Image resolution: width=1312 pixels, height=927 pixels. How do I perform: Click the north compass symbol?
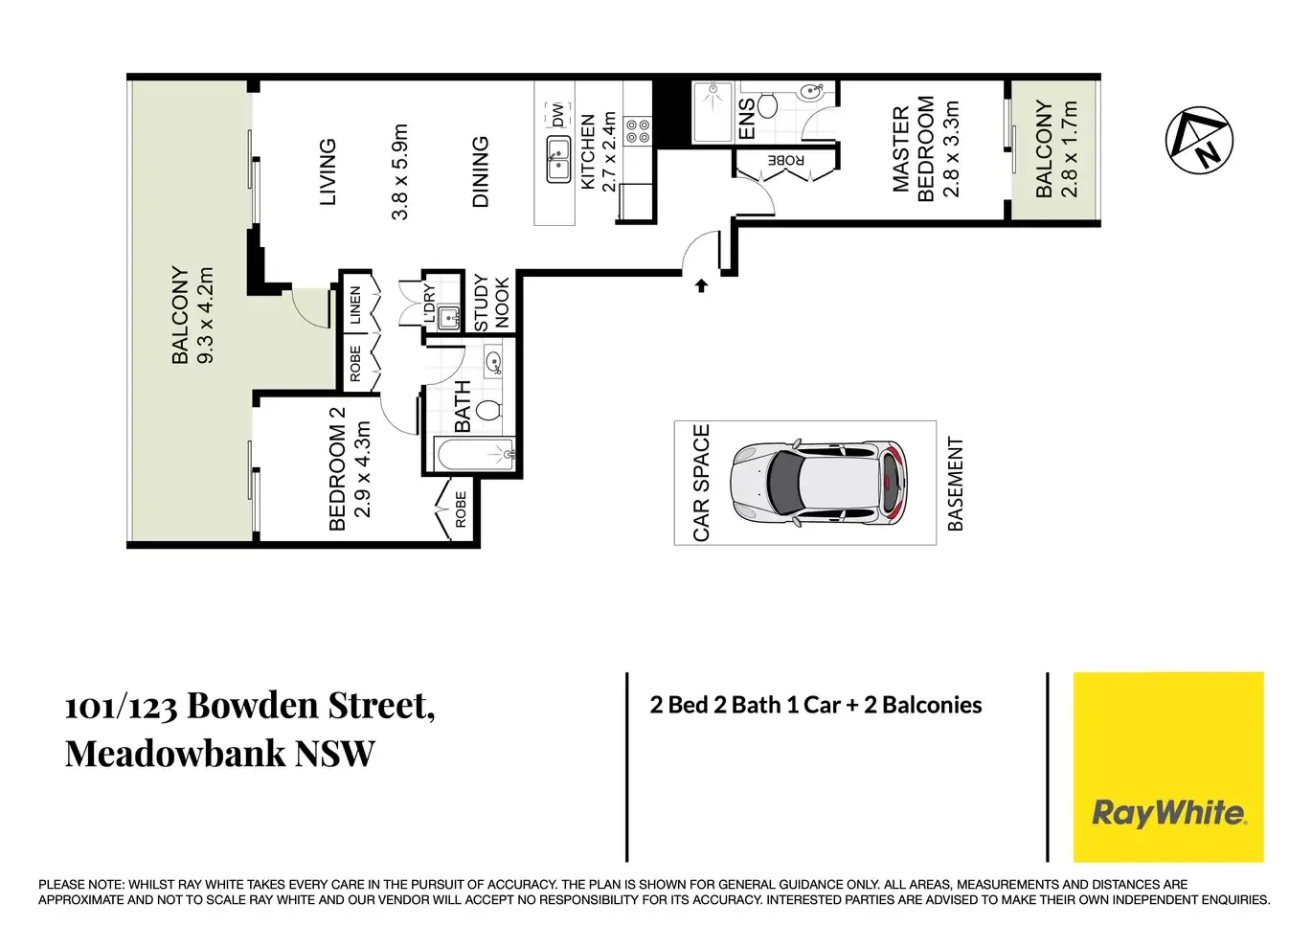pyautogui.click(x=1199, y=140)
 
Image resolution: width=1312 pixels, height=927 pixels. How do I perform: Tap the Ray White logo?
pyautogui.click(x=1168, y=813)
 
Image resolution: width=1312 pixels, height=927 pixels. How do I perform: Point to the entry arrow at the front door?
pyautogui.click(x=701, y=285)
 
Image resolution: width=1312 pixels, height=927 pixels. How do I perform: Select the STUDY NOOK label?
pyautogui.click(x=491, y=303)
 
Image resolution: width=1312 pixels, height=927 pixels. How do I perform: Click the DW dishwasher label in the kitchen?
pyautogui.click(x=557, y=115)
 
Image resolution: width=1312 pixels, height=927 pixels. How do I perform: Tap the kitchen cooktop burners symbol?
pyautogui.click(x=638, y=131)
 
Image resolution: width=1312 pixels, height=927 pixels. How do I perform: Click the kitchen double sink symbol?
pyautogui.click(x=557, y=159)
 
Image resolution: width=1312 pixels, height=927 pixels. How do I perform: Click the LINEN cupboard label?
pyautogui.click(x=355, y=305)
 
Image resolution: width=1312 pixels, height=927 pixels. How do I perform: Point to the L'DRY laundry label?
pyautogui.click(x=429, y=304)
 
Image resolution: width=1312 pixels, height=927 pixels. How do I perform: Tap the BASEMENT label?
pyautogui.click(x=955, y=484)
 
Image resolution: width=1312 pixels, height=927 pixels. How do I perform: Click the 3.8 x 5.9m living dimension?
pyautogui.click(x=400, y=171)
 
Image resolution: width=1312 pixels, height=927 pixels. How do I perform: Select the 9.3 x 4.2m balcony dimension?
pyautogui.click(x=206, y=315)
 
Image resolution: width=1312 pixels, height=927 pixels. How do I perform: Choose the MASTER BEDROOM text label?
pyautogui.click(x=913, y=149)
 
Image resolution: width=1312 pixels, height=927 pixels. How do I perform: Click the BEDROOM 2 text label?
pyautogui.click(x=337, y=468)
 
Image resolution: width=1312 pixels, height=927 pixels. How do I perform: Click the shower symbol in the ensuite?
pyautogui.click(x=713, y=112)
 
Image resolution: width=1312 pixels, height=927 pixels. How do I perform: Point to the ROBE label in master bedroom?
pyautogui.click(x=785, y=160)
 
